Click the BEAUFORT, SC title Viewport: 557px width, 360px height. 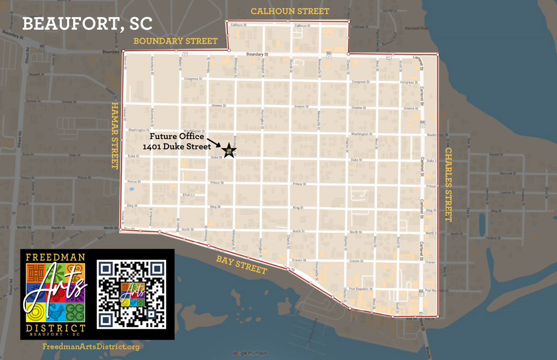point(87,24)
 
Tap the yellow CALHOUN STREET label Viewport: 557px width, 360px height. point(290,11)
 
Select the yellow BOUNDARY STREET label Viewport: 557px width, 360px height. point(175,41)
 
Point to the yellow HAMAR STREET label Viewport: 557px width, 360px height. point(115,135)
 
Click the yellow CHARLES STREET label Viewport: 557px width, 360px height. point(448,184)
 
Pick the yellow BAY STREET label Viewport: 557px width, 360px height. point(242,264)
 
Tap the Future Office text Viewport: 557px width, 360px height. point(176,137)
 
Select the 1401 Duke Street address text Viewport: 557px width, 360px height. point(176,146)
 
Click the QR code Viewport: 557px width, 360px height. point(131,294)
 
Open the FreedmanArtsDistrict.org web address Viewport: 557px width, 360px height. point(91,347)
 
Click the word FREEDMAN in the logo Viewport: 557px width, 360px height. point(55,257)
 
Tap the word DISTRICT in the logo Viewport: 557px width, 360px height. point(55,327)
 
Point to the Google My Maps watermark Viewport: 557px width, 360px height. point(246,353)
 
